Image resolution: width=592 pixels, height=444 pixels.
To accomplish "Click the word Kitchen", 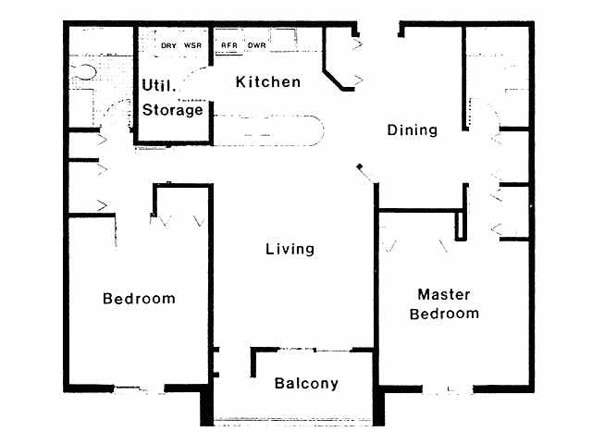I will click(268, 82).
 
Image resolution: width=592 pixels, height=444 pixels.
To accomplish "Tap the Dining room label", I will click(412, 130).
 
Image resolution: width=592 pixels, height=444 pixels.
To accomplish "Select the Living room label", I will click(290, 249).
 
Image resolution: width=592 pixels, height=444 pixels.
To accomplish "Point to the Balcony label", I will click(306, 383).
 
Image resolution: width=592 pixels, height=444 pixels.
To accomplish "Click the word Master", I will click(444, 295).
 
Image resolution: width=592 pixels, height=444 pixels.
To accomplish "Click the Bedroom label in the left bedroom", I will click(139, 299).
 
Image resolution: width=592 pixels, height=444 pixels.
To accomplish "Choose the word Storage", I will click(173, 110).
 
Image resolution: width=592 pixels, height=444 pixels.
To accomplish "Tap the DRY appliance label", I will click(168, 44).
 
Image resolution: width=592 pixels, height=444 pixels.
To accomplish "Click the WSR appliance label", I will click(193, 44).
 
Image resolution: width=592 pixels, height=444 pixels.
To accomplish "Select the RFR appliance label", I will click(227, 44).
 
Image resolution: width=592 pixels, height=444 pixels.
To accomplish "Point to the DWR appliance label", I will click(256, 44).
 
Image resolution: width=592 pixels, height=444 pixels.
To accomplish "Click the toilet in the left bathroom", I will click(86, 70).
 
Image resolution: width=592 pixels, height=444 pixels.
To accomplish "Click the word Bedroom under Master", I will click(447, 314).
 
